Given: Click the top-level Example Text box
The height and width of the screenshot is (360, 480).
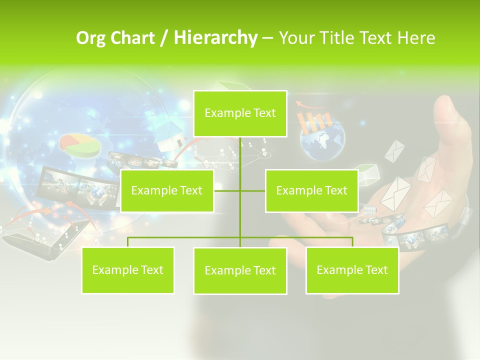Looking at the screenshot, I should click(x=240, y=113).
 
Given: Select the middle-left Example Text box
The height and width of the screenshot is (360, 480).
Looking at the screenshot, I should click(x=167, y=190).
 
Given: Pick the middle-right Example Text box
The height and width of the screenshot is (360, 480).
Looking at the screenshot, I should click(x=311, y=190).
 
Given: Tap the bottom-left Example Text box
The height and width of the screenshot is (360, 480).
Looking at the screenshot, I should click(x=128, y=270).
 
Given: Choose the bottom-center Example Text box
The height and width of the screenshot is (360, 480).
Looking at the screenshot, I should click(x=240, y=270).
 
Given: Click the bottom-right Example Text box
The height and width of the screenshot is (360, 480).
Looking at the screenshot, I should click(x=352, y=270).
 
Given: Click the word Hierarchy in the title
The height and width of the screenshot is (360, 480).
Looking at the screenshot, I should click(x=215, y=38).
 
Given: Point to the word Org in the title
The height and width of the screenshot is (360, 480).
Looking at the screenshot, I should click(x=90, y=38).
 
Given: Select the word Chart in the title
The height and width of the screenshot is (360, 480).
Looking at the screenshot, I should click(x=131, y=38).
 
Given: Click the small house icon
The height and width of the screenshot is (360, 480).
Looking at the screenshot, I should click(x=169, y=135).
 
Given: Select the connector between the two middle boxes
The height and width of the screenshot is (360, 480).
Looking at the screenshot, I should click(x=240, y=190).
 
